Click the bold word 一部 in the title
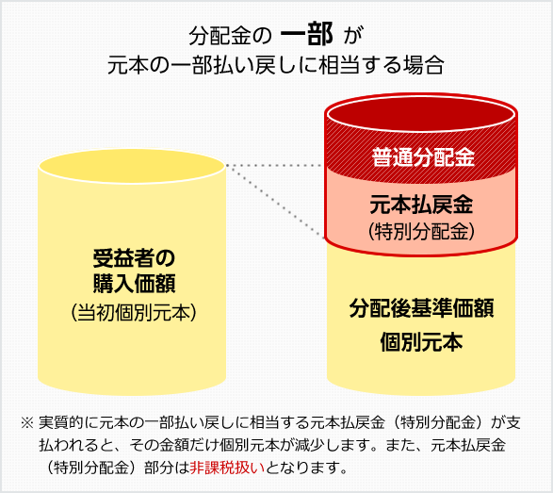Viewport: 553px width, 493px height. click(x=306, y=35)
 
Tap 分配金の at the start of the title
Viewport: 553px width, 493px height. click(x=230, y=36)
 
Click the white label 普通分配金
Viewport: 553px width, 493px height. click(x=423, y=157)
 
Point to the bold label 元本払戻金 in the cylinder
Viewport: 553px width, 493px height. click(x=421, y=205)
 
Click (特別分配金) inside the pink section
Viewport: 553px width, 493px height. click(x=421, y=232)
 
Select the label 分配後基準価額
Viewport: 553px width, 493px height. click(x=421, y=307)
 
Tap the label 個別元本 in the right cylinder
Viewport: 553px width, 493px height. click(x=421, y=341)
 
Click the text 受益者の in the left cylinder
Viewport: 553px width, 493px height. click(x=134, y=258)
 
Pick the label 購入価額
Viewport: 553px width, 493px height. click(x=134, y=284)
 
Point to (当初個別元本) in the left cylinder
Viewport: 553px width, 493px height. click(x=134, y=312)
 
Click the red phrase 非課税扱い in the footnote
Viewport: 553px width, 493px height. click(x=227, y=468)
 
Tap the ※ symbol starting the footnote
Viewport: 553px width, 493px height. click(x=26, y=422)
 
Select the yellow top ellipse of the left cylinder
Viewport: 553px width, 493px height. click(x=132, y=166)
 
